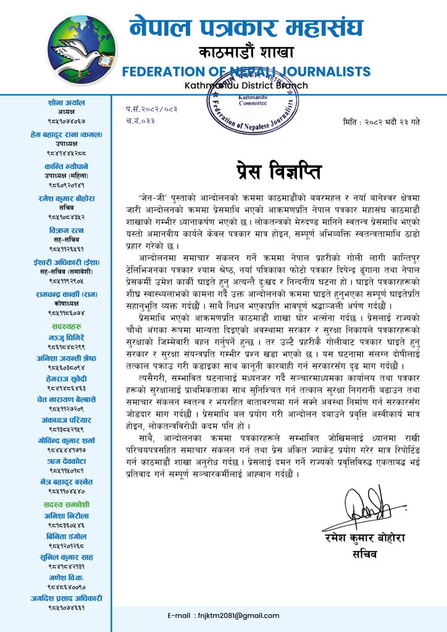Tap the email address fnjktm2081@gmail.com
pos(223,615)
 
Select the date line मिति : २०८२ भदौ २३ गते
pos(381,122)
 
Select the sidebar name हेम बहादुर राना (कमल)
pos(65,135)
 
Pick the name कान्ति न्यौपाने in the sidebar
pos(65,167)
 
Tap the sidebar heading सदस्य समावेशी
pos(65,502)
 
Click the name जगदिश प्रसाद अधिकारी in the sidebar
pos(65,598)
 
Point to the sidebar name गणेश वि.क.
pos(65,578)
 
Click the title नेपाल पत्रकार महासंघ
pos(246,26)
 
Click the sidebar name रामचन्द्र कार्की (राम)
pos(65,294)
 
